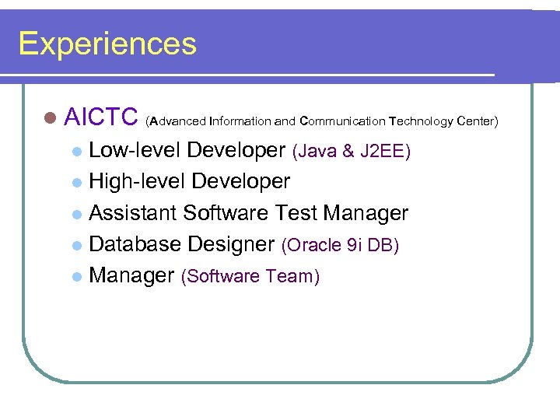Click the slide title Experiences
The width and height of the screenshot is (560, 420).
click(x=107, y=44)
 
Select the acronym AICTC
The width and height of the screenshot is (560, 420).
click(x=101, y=117)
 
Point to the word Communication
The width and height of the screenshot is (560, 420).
click(x=342, y=121)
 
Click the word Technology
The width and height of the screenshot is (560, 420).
click(x=422, y=121)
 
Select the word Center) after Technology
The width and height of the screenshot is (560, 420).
click(x=478, y=121)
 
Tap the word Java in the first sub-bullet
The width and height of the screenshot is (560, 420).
click(x=314, y=152)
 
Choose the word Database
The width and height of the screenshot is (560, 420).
click(x=136, y=244)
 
